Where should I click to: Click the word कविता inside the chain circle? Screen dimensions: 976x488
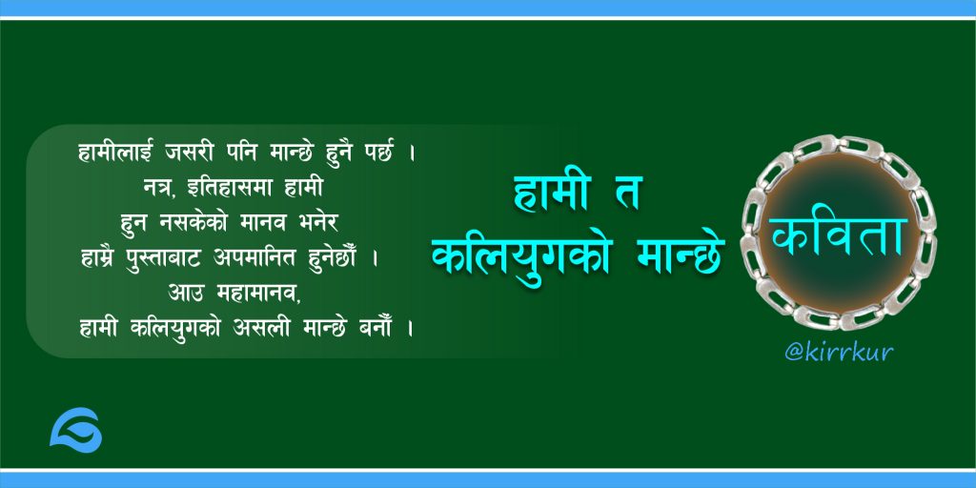pyautogui.click(x=839, y=236)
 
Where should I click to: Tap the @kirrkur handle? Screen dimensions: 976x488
pyautogui.click(x=839, y=353)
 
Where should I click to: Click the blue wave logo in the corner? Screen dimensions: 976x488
pyautogui.click(x=76, y=430)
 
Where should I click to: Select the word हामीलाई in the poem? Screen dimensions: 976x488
pyautogui.click(x=115, y=152)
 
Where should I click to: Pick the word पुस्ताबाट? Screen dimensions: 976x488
pyautogui.click(x=165, y=258)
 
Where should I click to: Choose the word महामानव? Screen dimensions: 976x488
pyautogui.click(x=258, y=293)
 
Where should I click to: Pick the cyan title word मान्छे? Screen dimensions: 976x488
pyautogui.click(x=681, y=254)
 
